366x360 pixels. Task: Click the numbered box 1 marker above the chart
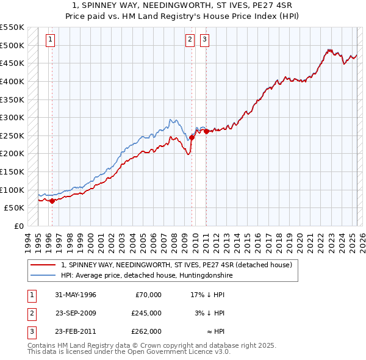[50, 40]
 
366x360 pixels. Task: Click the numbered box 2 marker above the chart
[190, 40]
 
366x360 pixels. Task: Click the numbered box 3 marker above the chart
[204, 40]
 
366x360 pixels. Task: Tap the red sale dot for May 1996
[52, 200]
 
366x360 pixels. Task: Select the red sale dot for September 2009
[192, 137]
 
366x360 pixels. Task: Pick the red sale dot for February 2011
[206, 131]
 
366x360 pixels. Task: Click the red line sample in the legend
[43, 265]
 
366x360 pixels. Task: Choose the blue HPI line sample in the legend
[43, 276]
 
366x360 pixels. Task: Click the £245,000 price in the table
[146, 313]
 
